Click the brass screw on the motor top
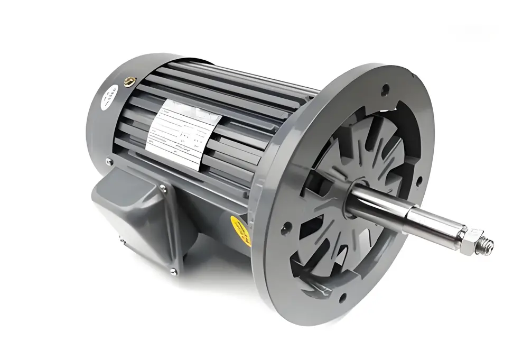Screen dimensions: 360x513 coord(128,81)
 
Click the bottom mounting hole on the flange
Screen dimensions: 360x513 coord(342,297)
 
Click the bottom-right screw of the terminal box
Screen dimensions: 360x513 coord(173,271)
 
